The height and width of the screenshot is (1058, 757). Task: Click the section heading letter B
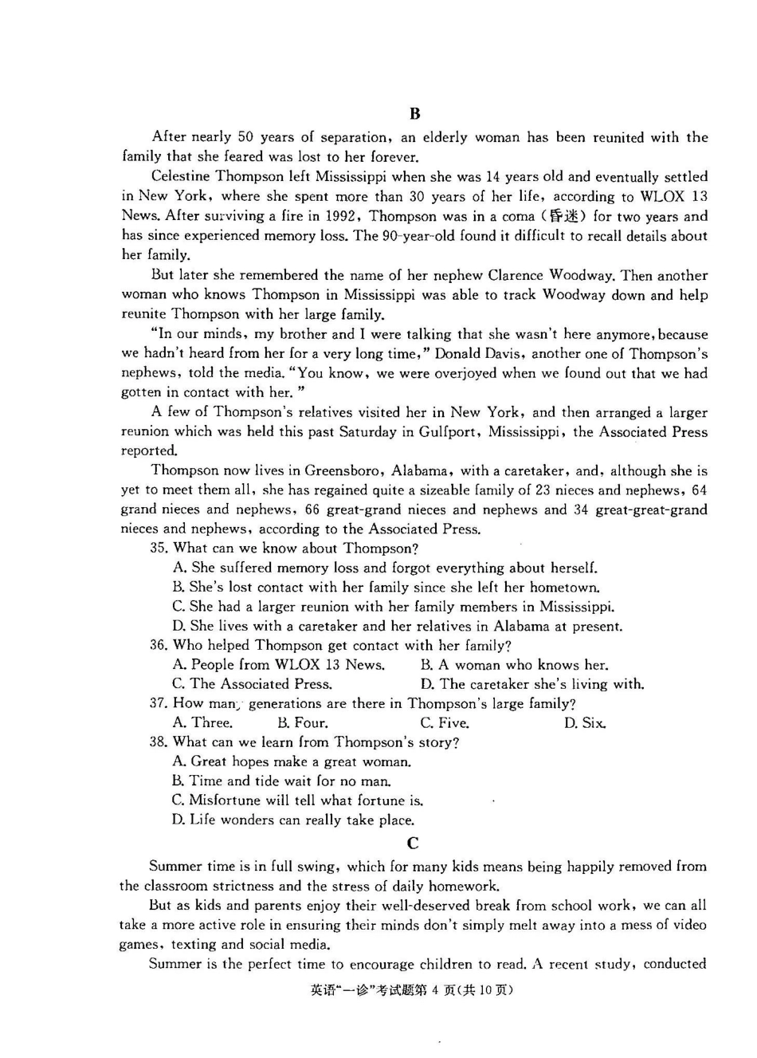[414, 113]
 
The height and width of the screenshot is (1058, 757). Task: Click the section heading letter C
[412, 843]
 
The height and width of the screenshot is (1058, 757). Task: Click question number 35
[159, 548]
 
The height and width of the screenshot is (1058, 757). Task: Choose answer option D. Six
[584, 723]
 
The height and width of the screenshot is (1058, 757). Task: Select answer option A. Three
[202, 723]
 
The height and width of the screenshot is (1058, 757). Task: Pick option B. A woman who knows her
[514, 665]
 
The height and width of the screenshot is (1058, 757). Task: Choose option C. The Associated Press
[252, 684]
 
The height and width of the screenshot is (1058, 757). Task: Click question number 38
[159, 742]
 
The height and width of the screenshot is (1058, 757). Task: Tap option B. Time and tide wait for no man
[281, 781]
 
